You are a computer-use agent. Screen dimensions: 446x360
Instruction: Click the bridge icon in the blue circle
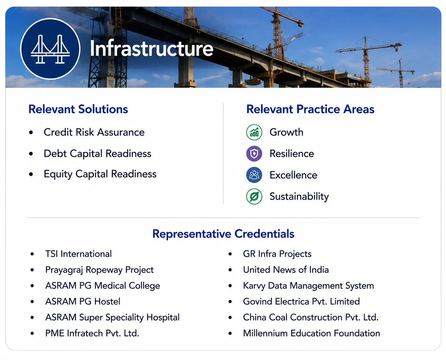pos(50,49)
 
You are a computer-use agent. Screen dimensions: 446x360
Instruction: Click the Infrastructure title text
pos(151,48)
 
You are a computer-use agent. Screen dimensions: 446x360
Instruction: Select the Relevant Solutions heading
pos(78,109)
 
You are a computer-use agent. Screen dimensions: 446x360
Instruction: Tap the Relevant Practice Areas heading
pos(310,109)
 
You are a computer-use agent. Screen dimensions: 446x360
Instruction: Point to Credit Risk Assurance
pos(94,132)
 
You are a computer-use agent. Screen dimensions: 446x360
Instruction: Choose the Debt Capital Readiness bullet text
pos(97,154)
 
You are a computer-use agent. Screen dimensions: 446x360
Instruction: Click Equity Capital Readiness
pos(100,174)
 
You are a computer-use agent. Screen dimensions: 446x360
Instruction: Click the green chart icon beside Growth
pos(254,132)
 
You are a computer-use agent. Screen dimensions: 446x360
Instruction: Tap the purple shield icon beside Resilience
pos(254,154)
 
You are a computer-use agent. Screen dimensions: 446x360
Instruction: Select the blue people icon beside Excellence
pos(254,175)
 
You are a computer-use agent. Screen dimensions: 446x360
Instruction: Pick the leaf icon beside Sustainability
pos(254,197)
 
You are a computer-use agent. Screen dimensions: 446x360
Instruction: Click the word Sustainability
pos(299,197)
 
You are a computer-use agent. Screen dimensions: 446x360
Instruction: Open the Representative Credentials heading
pos(223,234)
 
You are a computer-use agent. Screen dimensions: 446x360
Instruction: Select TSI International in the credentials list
pos(78,254)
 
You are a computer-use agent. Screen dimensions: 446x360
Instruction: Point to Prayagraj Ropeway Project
pos(99,270)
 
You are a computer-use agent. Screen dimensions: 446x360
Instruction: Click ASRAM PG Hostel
pos(83,302)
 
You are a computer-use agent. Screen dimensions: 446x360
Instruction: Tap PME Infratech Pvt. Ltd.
pos(92,333)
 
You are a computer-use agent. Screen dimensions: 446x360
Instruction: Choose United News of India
pos(286,270)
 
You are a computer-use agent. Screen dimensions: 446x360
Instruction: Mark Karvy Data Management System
pos(308,286)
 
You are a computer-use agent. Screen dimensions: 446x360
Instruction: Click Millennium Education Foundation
pos(311,333)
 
